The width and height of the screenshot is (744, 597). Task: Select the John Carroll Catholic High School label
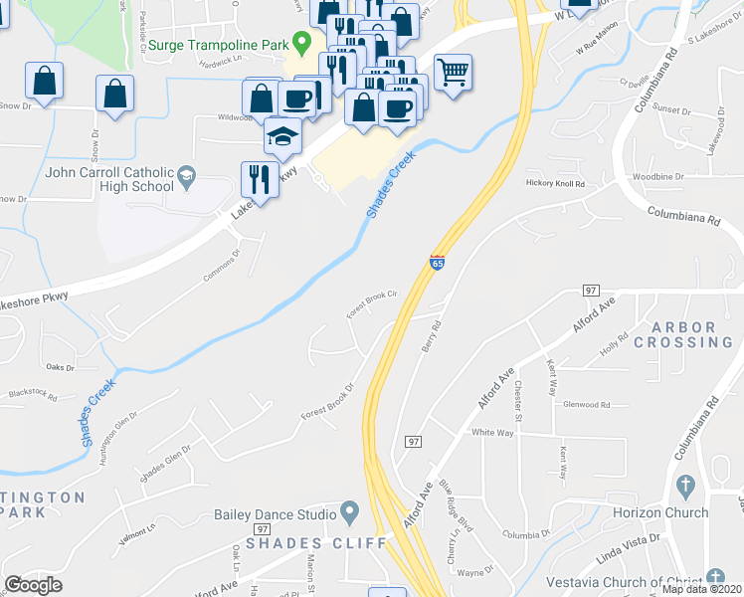109,179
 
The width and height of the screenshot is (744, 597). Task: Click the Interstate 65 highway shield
438,263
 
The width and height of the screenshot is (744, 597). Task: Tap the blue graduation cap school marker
282,135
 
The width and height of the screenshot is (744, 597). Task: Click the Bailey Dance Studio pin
349,514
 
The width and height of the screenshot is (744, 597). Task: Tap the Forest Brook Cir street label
372,299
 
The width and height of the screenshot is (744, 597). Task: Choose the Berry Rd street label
429,340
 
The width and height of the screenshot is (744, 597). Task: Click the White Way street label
491,433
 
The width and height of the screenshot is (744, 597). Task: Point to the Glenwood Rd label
586,405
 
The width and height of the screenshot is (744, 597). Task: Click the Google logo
33,585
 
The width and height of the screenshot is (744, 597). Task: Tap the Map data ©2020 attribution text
700,589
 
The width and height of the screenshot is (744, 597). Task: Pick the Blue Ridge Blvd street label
455,499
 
